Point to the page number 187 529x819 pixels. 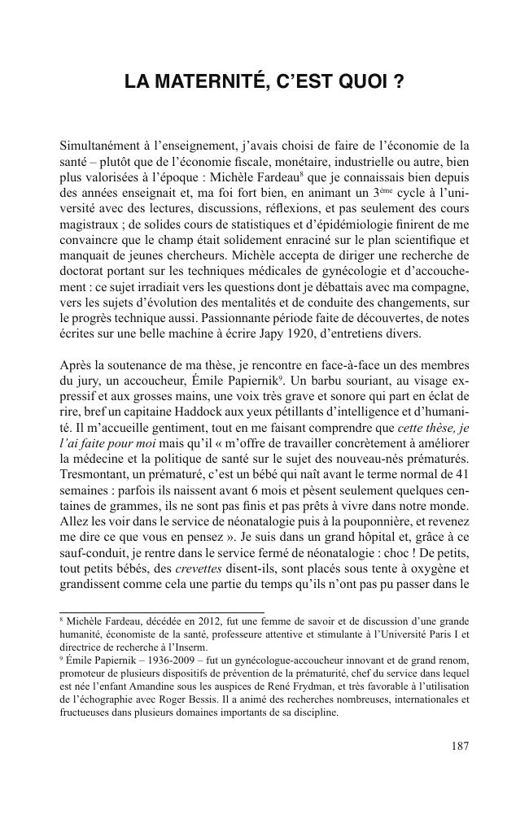click(x=460, y=744)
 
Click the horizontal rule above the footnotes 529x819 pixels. click(x=162, y=612)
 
